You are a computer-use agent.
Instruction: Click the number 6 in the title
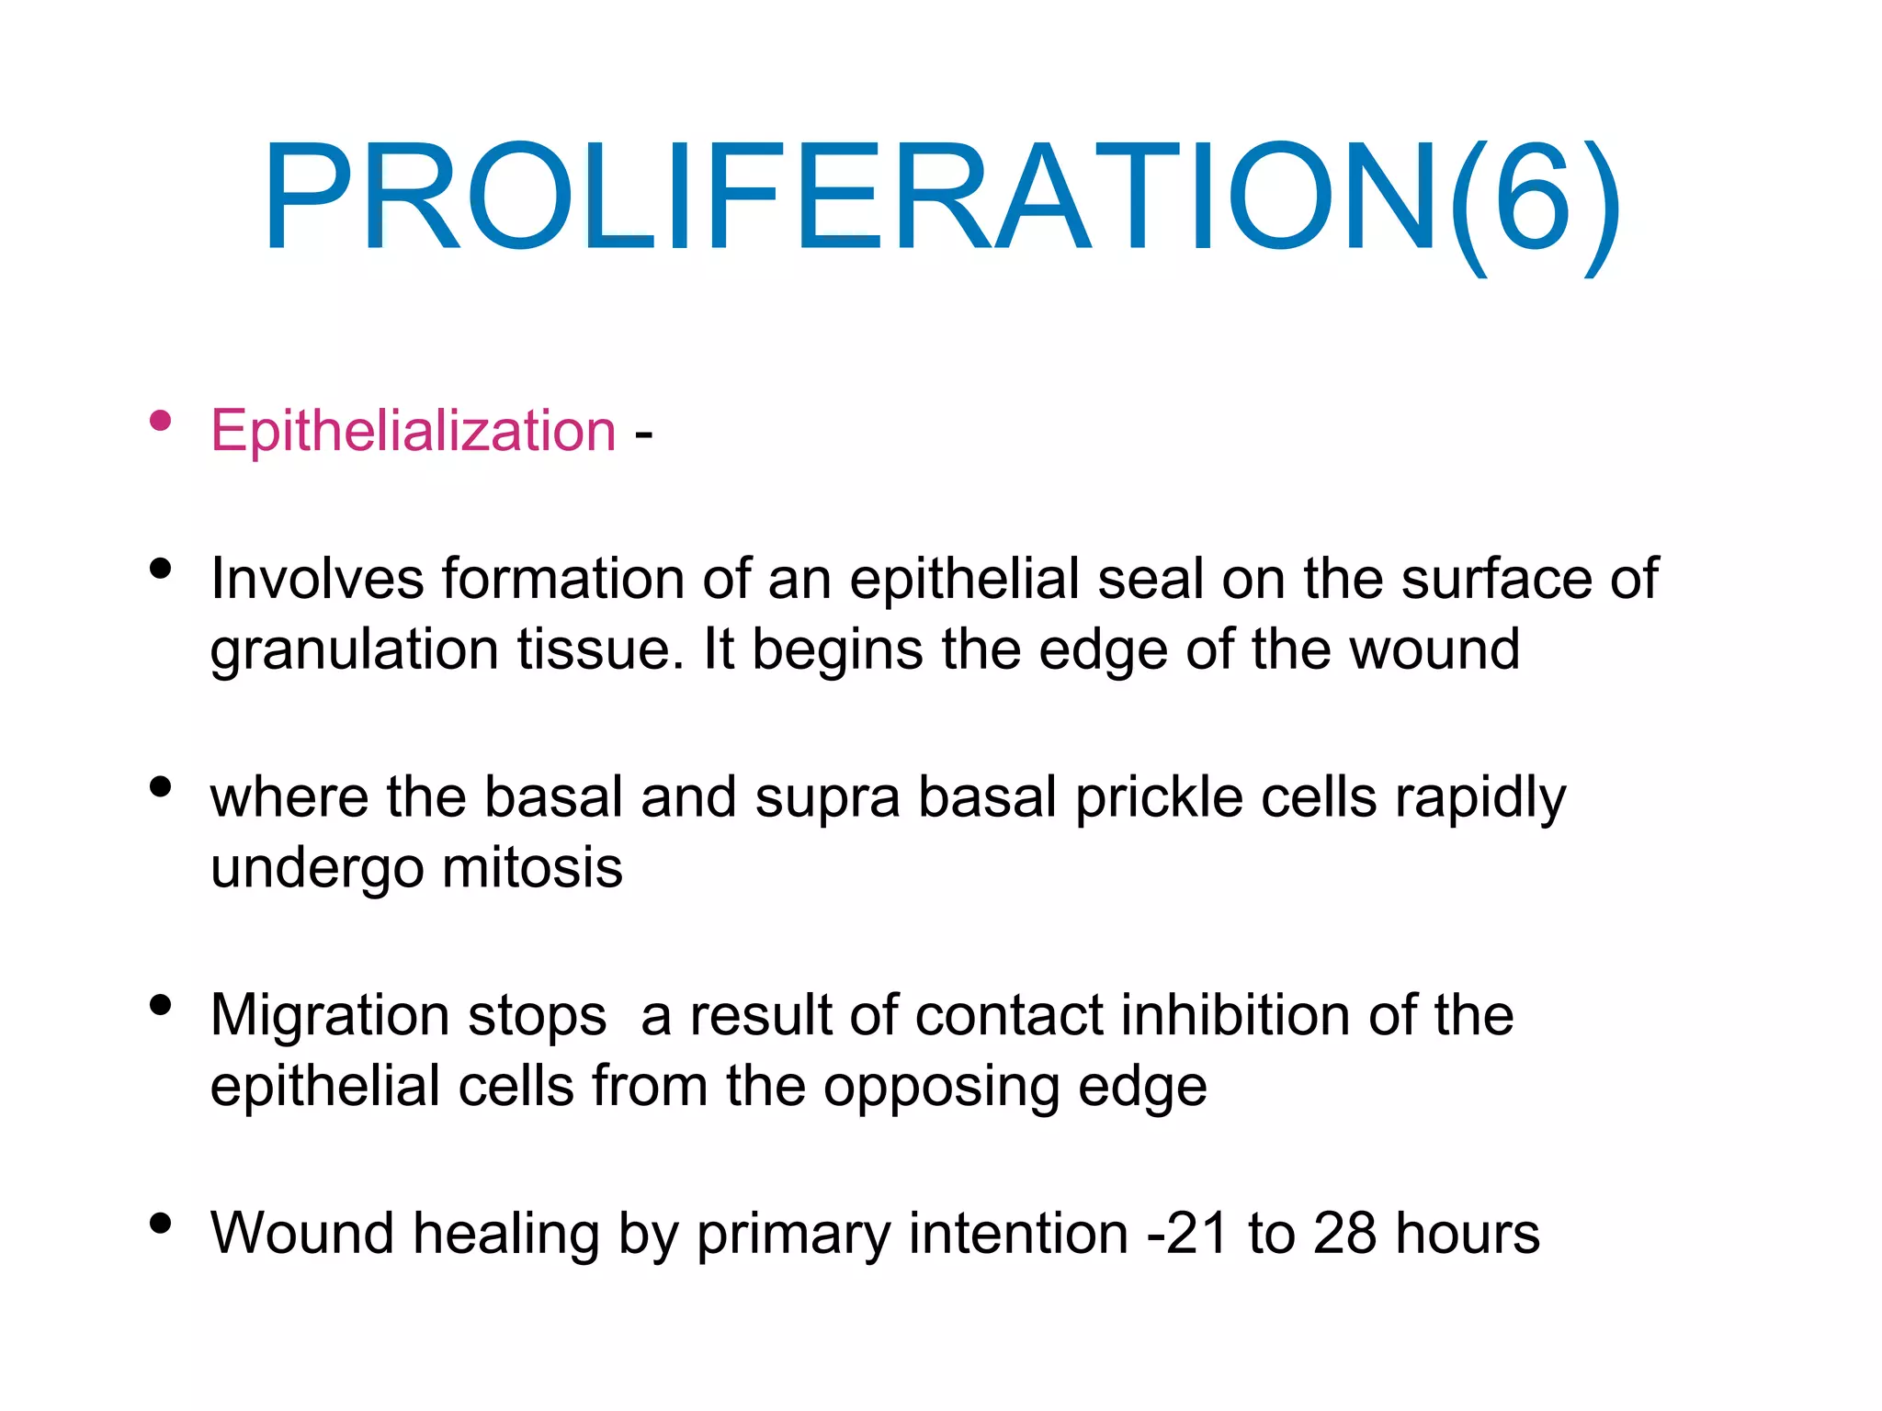1531,197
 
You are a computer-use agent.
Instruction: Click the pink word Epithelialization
413,431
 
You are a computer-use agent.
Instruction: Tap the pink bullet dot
161,421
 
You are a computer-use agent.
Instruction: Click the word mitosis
532,867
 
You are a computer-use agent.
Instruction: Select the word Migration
330,1015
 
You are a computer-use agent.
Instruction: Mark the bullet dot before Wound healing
161,1223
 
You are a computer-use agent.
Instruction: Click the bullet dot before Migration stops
161,1005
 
